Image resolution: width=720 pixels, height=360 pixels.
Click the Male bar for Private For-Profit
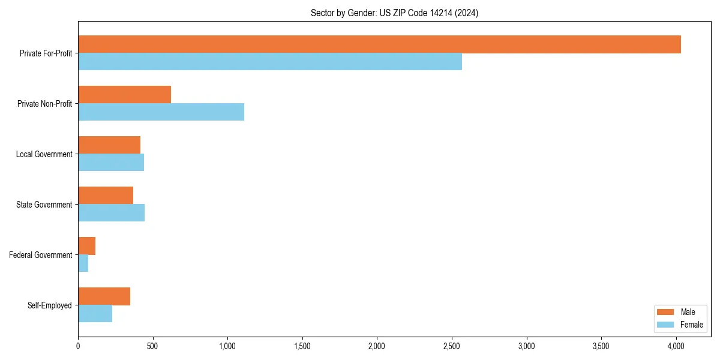coord(379,44)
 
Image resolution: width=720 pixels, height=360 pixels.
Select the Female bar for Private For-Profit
coord(270,62)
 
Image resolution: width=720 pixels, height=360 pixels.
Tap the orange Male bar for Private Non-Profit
coord(124,95)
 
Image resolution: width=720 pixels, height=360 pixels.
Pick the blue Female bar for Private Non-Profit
coord(161,112)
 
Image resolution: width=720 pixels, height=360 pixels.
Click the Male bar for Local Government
coord(109,145)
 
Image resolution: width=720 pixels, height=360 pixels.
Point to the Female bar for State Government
coord(111,213)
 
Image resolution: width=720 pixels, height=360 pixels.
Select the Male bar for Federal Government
coord(86,246)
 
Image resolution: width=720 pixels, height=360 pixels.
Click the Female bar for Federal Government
coord(83,263)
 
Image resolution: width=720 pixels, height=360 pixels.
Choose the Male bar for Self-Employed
coord(104,296)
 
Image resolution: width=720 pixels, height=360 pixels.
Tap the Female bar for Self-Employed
coord(95,314)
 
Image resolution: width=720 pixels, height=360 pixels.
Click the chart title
coord(394,13)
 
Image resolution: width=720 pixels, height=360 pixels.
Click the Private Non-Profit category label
coord(44,104)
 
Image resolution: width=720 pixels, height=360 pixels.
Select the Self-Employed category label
coord(50,305)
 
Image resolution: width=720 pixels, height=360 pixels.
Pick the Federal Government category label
coord(41,255)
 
